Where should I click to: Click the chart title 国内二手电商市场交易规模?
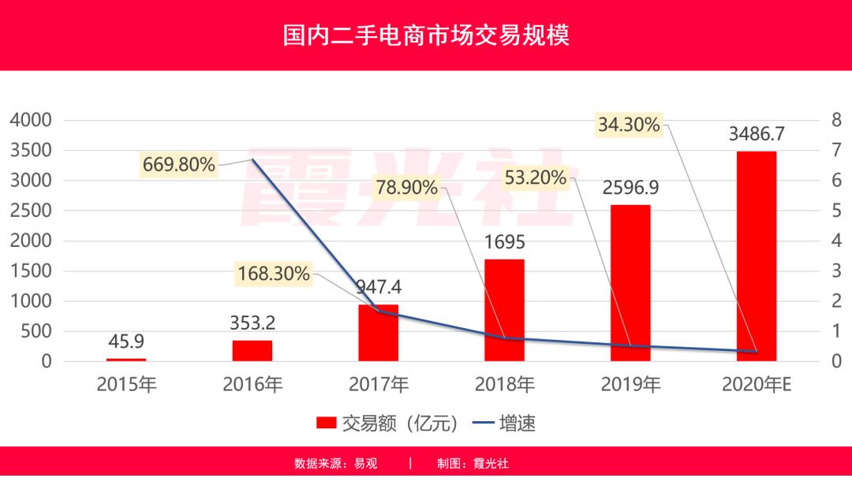click(426, 36)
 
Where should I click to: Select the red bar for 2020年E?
click(757, 256)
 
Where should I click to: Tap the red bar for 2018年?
click(504, 310)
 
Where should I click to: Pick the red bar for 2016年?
click(252, 351)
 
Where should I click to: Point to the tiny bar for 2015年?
click(126, 360)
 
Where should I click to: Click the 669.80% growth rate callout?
click(179, 165)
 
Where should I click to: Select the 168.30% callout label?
click(274, 274)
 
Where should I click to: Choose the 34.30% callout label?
click(628, 125)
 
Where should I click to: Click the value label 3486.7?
click(757, 133)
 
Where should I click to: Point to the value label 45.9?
click(126, 342)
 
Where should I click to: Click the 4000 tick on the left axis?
click(30, 121)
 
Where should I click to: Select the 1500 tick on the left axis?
click(30, 271)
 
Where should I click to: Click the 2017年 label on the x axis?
click(379, 385)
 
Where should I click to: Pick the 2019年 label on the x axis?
click(630, 385)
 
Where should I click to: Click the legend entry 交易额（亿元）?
click(387, 424)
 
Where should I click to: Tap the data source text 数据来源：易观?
click(336, 464)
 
